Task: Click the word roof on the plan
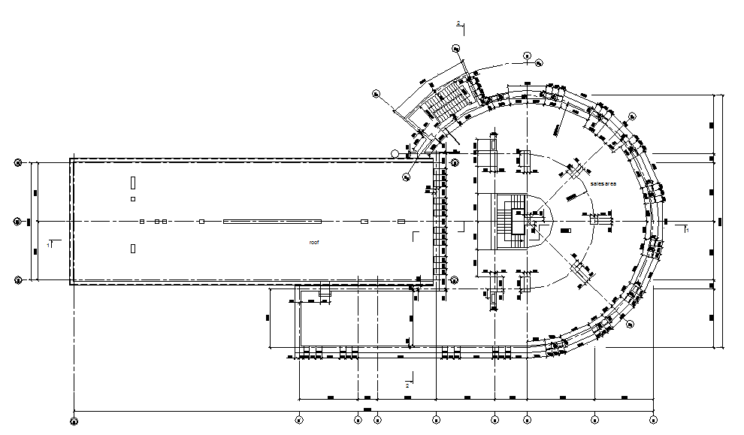click(314, 243)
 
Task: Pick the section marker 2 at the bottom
click(407, 384)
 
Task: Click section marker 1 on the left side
click(50, 244)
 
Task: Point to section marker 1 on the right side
click(685, 229)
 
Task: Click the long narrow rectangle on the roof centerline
click(272, 222)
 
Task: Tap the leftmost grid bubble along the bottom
click(74, 421)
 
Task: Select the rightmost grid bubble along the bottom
click(653, 421)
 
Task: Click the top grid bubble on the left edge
click(19, 162)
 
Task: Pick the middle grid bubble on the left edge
click(19, 222)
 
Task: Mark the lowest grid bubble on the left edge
click(19, 280)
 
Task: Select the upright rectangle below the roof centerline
click(133, 248)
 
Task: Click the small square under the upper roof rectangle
click(133, 199)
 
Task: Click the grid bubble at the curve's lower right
click(630, 324)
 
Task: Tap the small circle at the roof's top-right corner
click(395, 153)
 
